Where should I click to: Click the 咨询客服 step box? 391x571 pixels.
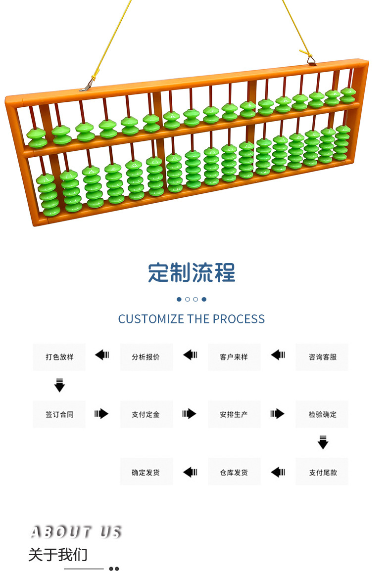coord(322,357)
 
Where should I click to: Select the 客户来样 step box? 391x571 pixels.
coord(234,357)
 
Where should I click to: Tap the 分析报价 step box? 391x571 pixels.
coord(146,357)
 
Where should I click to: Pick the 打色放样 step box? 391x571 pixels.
coord(59,357)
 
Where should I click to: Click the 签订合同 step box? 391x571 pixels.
coord(59,414)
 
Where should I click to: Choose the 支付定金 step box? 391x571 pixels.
coord(146,414)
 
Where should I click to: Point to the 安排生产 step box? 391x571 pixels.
coord(234,414)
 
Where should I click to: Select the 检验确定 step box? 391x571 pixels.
coord(322,414)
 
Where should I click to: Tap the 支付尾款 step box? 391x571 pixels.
coord(322,472)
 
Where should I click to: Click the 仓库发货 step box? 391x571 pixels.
coord(234,472)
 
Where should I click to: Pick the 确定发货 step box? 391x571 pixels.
coord(146,472)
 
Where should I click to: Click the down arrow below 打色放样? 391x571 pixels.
coord(59,385)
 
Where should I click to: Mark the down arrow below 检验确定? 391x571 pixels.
coord(323,441)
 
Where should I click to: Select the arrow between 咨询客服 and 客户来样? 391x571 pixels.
coord(278,354)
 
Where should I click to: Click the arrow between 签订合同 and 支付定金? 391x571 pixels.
coord(101,413)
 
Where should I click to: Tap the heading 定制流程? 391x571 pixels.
coord(192,273)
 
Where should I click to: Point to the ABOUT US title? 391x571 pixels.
coord(76,532)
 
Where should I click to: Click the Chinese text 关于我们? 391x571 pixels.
coord(58,555)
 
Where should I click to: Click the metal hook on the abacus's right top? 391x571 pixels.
coord(311,59)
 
